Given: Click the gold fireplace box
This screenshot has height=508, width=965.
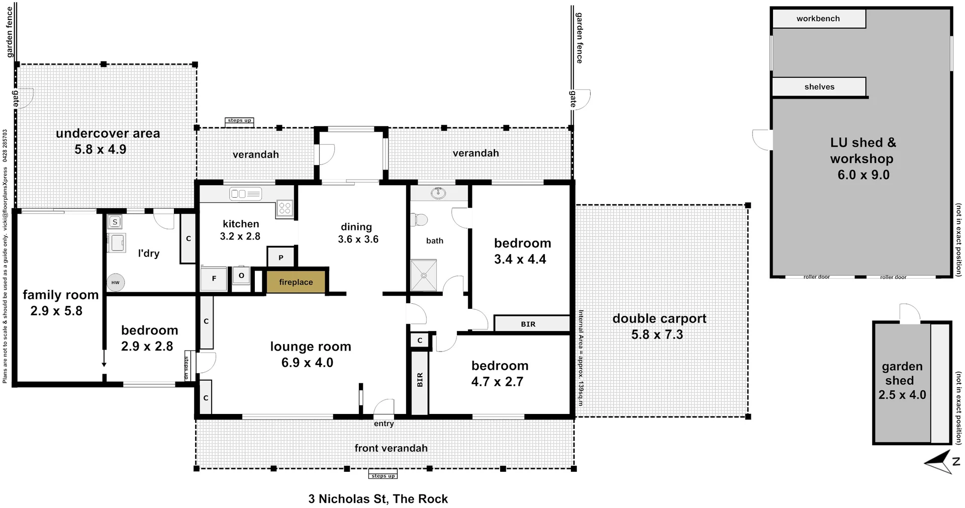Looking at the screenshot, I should click(x=296, y=282).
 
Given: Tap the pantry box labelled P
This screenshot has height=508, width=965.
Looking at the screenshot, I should click(x=281, y=258).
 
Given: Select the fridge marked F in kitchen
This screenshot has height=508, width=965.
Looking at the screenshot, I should click(x=214, y=278).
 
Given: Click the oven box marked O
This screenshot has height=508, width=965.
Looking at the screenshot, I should click(x=241, y=276).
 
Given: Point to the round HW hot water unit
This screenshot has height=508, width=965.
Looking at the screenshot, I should click(x=116, y=283).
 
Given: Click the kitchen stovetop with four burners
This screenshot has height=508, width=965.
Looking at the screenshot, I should click(x=285, y=208).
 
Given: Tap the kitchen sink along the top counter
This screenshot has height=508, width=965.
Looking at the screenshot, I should click(x=245, y=194).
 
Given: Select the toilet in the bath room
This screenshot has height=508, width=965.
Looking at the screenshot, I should click(x=419, y=220).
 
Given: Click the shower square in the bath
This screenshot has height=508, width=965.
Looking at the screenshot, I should click(x=423, y=275).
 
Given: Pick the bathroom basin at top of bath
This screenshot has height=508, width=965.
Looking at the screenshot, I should click(x=438, y=193).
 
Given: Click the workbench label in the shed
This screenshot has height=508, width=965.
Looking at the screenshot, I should click(x=818, y=19).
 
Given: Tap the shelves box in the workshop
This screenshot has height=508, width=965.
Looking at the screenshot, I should click(x=819, y=87).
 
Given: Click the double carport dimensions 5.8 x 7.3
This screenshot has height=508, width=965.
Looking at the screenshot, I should click(x=657, y=334).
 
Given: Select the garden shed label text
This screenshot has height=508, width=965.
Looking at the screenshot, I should click(x=902, y=373).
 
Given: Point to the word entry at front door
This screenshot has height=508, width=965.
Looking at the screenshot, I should click(x=383, y=424).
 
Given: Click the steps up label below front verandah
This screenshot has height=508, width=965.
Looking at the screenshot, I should click(x=383, y=476).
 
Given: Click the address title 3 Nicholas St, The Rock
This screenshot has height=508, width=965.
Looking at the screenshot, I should click(x=378, y=499).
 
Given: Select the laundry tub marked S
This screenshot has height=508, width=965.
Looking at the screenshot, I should click(x=115, y=222).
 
